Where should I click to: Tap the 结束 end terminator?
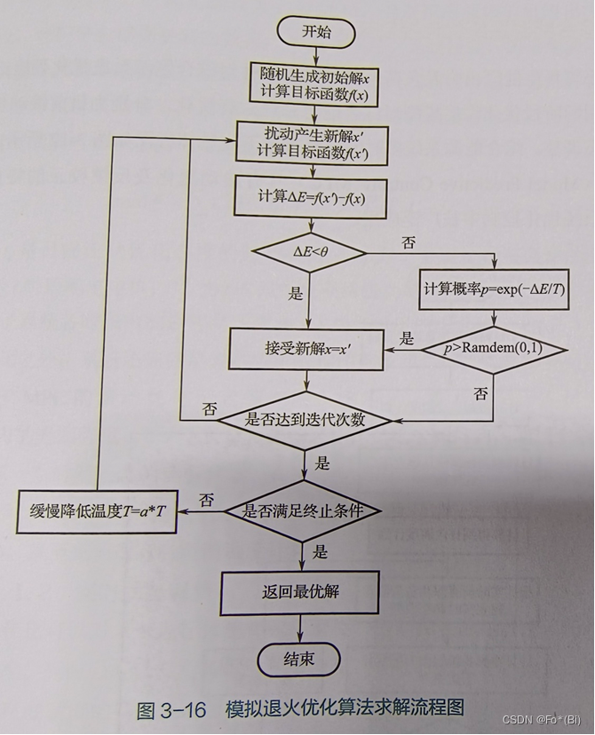[x=298, y=659]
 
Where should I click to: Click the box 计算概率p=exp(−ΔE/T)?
[x=494, y=290]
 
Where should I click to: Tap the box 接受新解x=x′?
[x=307, y=348]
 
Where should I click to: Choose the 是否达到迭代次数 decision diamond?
[x=304, y=418]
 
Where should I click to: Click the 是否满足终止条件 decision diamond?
[x=302, y=510]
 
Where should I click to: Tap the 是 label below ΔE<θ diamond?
[x=296, y=294]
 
